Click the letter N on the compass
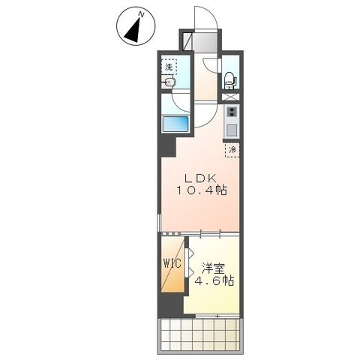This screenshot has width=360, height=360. (141, 15)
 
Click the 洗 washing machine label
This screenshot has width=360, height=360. (169, 67)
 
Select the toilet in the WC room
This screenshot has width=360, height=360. (230, 80)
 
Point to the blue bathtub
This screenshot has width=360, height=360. (175, 124)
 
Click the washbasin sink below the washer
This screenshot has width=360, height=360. (169, 82)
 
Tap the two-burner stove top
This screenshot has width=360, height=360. (232, 112)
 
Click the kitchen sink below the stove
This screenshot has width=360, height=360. (232, 130)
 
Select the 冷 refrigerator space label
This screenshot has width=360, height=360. (232, 150)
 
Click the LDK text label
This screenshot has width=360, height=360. (200, 178)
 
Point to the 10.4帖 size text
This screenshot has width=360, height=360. (202, 190)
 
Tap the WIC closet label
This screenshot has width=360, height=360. (172, 263)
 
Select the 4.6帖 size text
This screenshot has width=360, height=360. (214, 280)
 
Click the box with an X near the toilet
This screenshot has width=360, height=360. (230, 97)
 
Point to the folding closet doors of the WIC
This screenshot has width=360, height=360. (190, 263)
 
